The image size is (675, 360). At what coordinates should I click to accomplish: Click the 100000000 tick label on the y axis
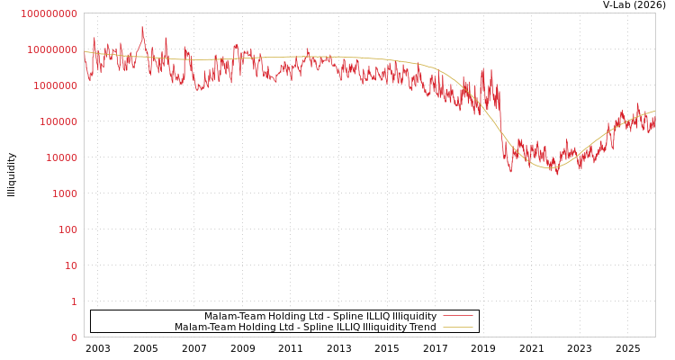click(49, 13)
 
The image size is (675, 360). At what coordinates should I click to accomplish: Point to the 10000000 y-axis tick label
click(51, 49)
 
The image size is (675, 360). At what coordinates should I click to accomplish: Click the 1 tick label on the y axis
click(74, 301)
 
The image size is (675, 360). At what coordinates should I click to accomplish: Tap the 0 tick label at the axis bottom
click(74, 337)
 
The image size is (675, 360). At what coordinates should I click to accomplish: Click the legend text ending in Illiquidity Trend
click(305, 328)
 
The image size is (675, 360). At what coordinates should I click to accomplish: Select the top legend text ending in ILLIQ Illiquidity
click(319, 317)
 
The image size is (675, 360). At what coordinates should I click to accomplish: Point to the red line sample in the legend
click(458, 317)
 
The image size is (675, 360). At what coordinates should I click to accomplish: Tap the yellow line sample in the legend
click(458, 328)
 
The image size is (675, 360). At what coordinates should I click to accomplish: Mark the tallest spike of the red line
click(142, 28)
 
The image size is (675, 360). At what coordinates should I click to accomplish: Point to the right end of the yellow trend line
click(654, 112)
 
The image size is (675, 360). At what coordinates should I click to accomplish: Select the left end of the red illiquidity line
click(85, 59)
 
